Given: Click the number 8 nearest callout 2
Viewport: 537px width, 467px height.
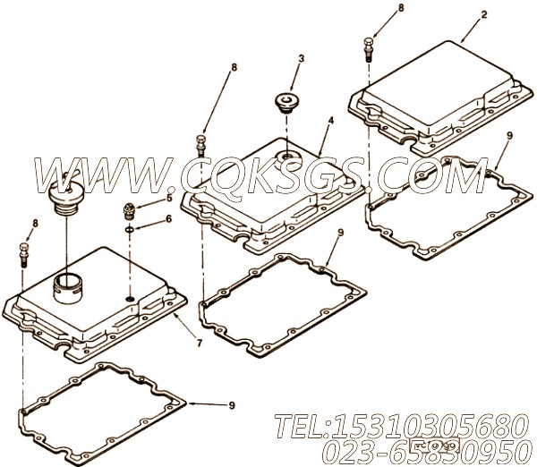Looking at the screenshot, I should pos(375,8).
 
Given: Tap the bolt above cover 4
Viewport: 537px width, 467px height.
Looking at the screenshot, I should pos(201,142).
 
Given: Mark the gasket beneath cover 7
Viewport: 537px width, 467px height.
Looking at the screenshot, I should pos(98,403).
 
